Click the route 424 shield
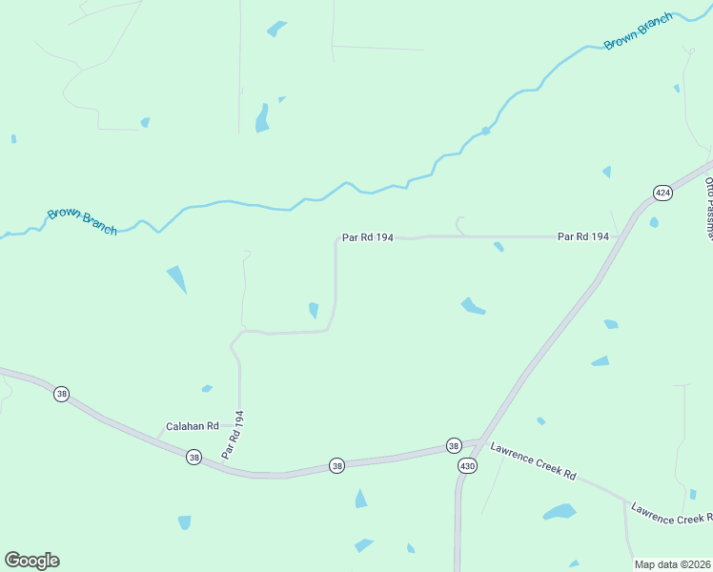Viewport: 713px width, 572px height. coord(662,193)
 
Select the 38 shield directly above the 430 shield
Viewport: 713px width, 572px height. coord(454,445)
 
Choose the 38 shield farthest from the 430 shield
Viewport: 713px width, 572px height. coord(61,394)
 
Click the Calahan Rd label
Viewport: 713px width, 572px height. coord(193,426)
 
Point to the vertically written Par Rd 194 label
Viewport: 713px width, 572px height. coord(234,435)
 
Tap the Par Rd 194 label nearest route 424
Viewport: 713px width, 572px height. coord(582,235)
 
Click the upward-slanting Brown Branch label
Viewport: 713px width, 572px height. coord(638,31)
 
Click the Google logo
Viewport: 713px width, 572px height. coord(31,561)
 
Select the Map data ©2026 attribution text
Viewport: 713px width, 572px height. coord(673,564)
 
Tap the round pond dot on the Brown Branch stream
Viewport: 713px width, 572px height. coord(485,131)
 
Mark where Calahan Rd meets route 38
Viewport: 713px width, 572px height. coord(156,439)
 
